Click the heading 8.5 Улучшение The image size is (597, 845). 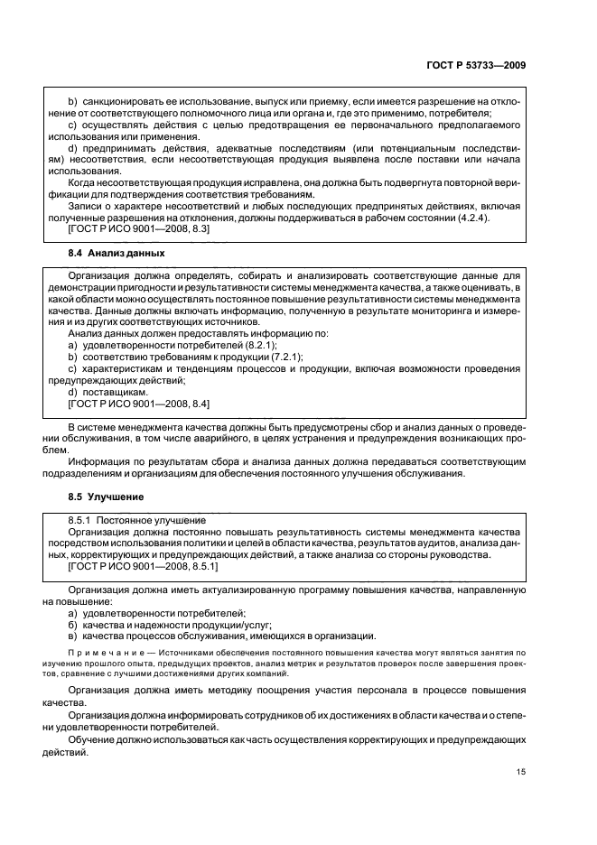click(x=103, y=497)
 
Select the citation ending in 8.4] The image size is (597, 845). click(x=139, y=404)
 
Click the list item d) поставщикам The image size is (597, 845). click(x=107, y=393)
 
